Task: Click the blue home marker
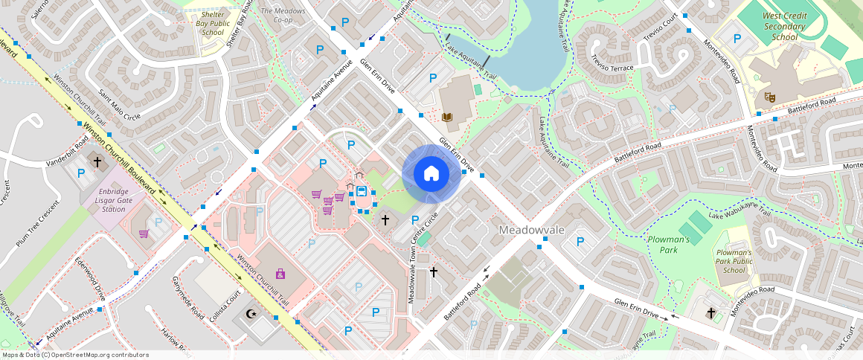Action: coord(431,174)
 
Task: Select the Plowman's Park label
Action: coord(668,245)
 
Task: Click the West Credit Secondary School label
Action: coord(784,26)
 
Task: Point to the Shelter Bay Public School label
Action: coord(213,23)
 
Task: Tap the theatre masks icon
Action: coord(769,97)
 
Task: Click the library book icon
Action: coord(447,117)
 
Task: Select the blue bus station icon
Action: coord(362,191)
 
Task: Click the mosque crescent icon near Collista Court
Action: coord(252,314)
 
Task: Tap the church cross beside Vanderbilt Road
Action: coord(97,162)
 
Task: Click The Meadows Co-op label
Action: coord(283,16)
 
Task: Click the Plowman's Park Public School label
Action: coord(734,261)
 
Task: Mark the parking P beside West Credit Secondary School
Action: coord(737,39)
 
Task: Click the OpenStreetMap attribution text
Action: coord(75,355)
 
